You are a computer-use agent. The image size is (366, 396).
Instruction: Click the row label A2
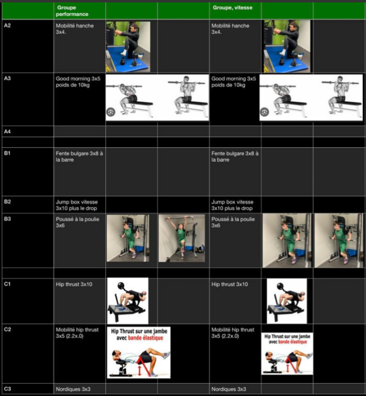7,25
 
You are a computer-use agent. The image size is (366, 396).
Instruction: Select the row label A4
7,132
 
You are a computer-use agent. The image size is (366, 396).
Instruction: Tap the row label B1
7,153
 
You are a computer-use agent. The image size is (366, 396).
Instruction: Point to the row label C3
8,389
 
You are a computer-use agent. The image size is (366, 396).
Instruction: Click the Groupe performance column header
72,11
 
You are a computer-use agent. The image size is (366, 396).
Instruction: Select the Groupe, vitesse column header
233,8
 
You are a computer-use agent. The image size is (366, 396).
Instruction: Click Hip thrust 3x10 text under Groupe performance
74,284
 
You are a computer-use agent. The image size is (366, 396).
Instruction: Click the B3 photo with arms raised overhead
182,238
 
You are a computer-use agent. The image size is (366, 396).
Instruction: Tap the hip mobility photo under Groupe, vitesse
287,46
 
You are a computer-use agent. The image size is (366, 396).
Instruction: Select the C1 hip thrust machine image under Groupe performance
128,301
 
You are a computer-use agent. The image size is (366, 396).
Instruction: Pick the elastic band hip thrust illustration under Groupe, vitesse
287,354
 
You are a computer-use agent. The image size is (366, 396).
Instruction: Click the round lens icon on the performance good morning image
111,112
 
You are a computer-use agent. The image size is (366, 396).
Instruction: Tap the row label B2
7,201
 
